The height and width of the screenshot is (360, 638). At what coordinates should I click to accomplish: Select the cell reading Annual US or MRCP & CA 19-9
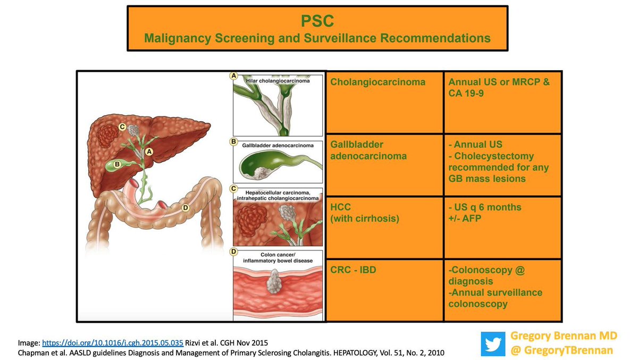[499, 88]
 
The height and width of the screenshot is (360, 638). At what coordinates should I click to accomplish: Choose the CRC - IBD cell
[353, 270]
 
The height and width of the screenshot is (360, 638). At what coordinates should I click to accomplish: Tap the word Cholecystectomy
[495, 156]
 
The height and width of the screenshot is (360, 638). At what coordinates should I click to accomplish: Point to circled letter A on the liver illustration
[149, 152]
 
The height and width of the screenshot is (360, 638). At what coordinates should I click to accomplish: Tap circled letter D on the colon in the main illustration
[185, 208]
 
